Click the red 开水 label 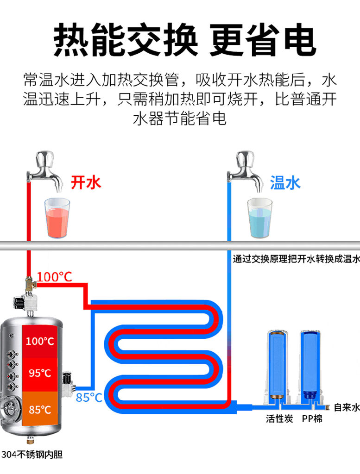pyautogui.click(x=86, y=182)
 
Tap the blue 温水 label pyautogui.click(x=285, y=183)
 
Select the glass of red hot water pyautogui.click(x=57, y=218)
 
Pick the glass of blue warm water pyautogui.click(x=260, y=218)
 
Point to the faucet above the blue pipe pyautogui.click(x=245, y=170)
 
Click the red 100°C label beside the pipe pyautogui.click(x=55, y=277)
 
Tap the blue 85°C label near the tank pyautogui.click(x=89, y=397)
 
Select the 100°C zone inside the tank pyautogui.click(x=40, y=342)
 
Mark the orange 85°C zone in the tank pyautogui.click(x=40, y=408)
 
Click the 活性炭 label pyautogui.click(x=279, y=418)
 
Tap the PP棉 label pyautogui.click(x=312, y=418)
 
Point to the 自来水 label pyautogui.click(x=347, y=407)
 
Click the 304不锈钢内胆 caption pyautogui.click(x=32, y=455)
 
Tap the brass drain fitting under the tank pyautogui.click(x=30, y=441)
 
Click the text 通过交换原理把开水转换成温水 pyautogui.click(x=297, y=259)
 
